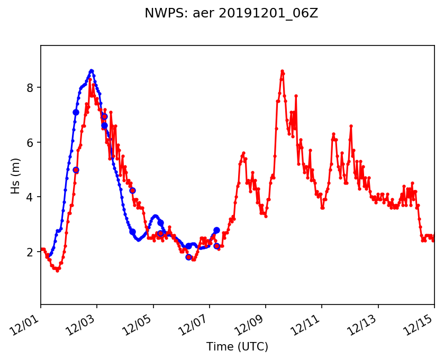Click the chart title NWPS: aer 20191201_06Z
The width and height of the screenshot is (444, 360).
click(231, 14)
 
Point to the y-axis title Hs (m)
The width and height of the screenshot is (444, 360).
click(16, 175)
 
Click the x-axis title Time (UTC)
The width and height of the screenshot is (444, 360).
click(237, 347)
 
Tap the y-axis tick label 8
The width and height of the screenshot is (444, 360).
click(31, 87)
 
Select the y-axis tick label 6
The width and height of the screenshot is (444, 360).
click(31, 142)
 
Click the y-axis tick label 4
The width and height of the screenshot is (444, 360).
click(31, 197)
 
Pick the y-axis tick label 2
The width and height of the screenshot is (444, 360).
click(31, 252)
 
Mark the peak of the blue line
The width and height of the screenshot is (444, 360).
click(92, 71)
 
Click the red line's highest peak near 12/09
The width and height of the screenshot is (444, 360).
click(283, 71)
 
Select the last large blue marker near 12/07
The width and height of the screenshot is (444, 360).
click(216, 230)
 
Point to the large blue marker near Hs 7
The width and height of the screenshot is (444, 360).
click(76, 112)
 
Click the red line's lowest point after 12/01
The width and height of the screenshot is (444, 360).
click(57, 271)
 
